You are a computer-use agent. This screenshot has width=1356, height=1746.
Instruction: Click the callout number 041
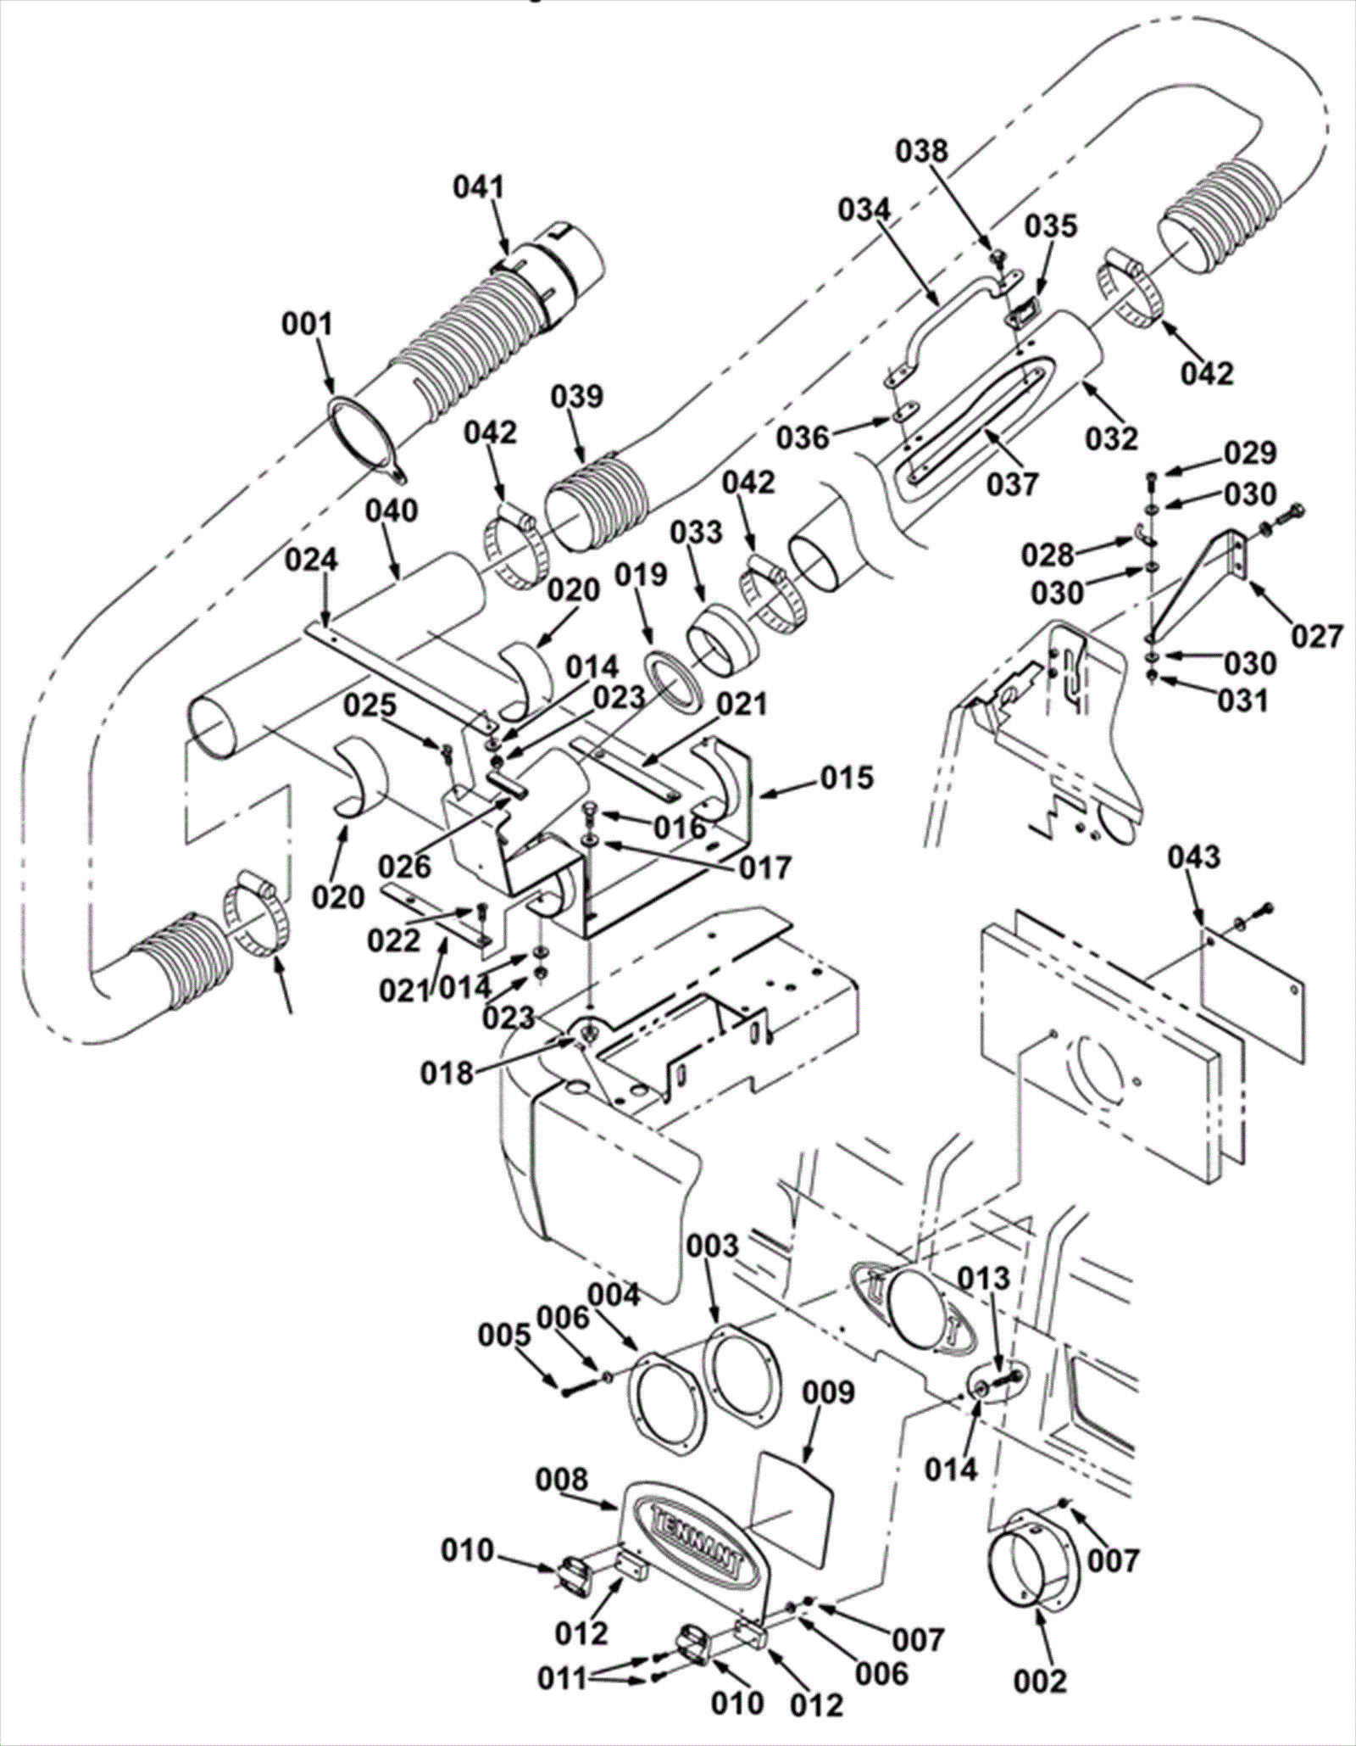pyautogui.click(x=478, y=187)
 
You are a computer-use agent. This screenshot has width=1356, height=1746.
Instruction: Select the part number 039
pyautogui.click(x=577, y=396)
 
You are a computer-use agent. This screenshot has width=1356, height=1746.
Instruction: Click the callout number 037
pyautogui.click(x=1013, y=484)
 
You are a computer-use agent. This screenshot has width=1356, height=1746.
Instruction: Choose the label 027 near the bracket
pyautogui.click(x=1317, y=635)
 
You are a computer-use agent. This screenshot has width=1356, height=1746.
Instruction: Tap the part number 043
pyautogui.click(x=1194, y=856)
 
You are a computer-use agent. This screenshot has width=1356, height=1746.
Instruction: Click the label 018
pyautogui.click(x=447, y=1074)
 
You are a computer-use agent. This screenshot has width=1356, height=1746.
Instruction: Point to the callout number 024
pyautogui.click(x=310, y=560)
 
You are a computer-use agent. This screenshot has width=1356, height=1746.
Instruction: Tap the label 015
pyautogui.click(x=847, y=777)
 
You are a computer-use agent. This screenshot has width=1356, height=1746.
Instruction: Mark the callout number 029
pyautogui.click(x=1250, y=454)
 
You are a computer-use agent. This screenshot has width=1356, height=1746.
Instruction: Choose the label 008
pyautogui.click(x=561, y=1481)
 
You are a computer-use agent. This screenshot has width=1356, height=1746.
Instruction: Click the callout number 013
pyautogui.click(x=985, y=1277)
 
